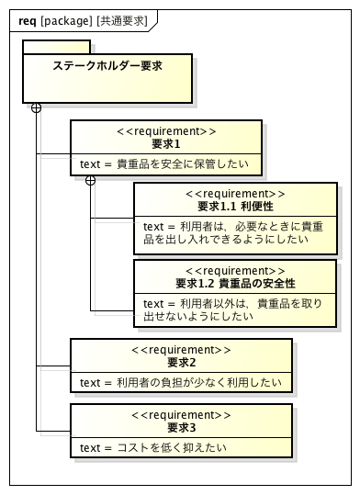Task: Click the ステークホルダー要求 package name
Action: pos(107,66)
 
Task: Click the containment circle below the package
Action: pos(37,107)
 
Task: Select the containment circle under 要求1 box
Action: pos(90,181)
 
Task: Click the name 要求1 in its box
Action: pos(166,144)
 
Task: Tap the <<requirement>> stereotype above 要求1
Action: pos(166,131)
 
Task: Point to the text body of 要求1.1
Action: pos(232,233)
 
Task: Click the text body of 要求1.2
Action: pos(232,309)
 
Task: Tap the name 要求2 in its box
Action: pos(182,362)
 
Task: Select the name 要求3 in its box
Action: pos(182,427)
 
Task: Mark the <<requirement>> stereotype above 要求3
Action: pos(182,414)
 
